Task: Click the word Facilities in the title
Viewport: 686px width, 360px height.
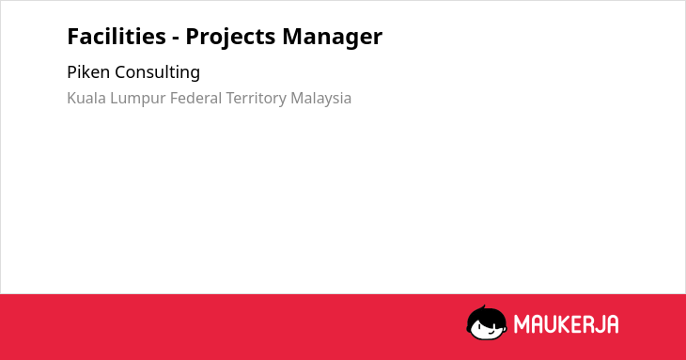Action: coord(117,36)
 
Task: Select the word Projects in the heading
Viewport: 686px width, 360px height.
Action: coord(230,38)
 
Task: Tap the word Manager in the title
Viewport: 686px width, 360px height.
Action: coord(333,38)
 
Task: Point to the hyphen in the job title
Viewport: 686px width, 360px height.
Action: coord(176,39)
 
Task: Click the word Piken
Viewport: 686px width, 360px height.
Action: coord(88,71)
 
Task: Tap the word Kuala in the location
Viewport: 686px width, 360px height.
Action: coord(86,98)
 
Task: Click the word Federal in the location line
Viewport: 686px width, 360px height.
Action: coord(195,98)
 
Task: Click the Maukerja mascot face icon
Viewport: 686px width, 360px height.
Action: coord(487,323)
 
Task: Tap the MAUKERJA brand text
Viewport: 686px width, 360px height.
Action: coord(566,324)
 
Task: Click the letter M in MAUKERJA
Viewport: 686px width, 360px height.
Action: coord(521,324)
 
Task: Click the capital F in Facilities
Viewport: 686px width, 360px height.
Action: coord(73,37)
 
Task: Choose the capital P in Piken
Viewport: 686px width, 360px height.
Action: coord(72,72)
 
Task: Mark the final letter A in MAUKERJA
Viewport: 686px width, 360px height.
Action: coord(613,324)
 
